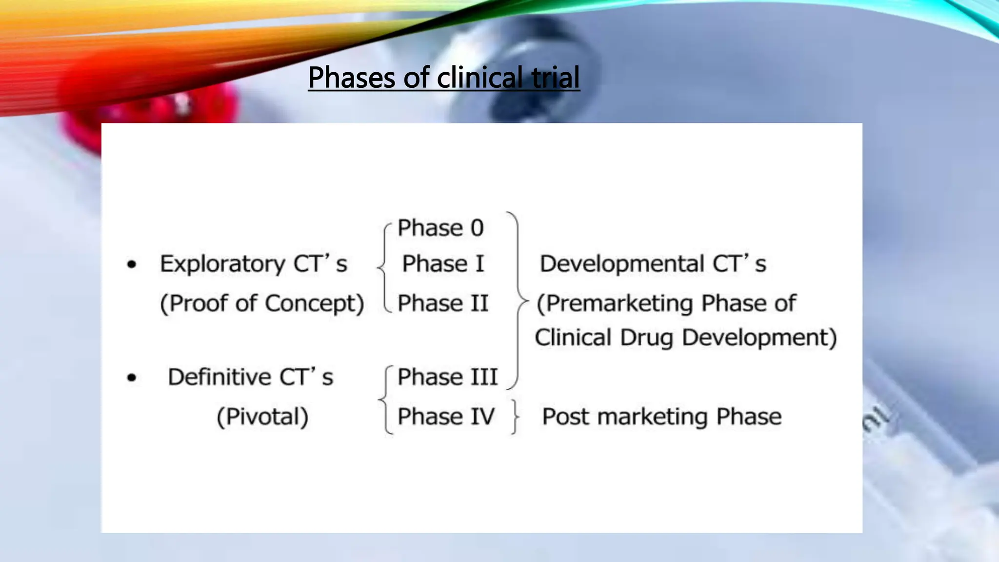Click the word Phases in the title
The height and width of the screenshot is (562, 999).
(x=351, y=78)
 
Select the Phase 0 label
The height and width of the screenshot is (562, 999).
(x=440, y=228)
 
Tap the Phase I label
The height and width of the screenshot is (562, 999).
(x=443, y=264)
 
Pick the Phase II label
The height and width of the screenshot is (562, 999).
(x=443, y=303)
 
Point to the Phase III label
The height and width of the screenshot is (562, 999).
(x=447, y=377)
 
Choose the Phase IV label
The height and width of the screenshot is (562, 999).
(x=446, y=417)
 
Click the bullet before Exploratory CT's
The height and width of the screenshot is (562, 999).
(x=132, y=264)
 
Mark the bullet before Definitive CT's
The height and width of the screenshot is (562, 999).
(x=132, y=378)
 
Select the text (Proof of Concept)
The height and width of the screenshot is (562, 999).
(x=262, y=303)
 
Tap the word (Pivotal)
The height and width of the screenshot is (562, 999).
(x=262, y=417)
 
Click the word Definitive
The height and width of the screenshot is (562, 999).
(x=219, y=377)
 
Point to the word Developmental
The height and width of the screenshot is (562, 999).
(x=621, y=264)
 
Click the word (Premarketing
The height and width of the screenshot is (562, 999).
(x=615, y=303)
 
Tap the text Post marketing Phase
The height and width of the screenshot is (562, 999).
(x=661, y=417)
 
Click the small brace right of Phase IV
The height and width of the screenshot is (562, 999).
(x=515, y=417)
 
